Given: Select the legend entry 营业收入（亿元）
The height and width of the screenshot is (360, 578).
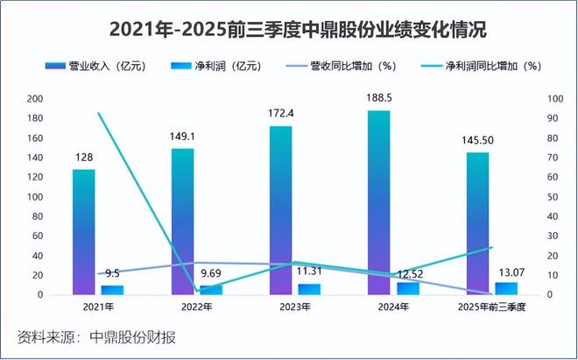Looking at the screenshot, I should click(104, 67).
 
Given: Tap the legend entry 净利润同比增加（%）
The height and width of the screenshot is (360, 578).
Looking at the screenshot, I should click(490, 67).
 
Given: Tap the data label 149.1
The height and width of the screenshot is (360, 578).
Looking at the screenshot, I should click(182, 136).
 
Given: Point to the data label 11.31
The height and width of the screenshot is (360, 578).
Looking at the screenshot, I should click(310, 272).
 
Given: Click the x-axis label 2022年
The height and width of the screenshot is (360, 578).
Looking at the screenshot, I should click(197, 307).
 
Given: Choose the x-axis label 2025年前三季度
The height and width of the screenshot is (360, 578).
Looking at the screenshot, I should click(492, 307).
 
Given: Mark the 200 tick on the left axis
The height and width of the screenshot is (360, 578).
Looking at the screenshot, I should click(34, 98).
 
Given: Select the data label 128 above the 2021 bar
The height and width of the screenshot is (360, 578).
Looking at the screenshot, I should click(84, 157).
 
